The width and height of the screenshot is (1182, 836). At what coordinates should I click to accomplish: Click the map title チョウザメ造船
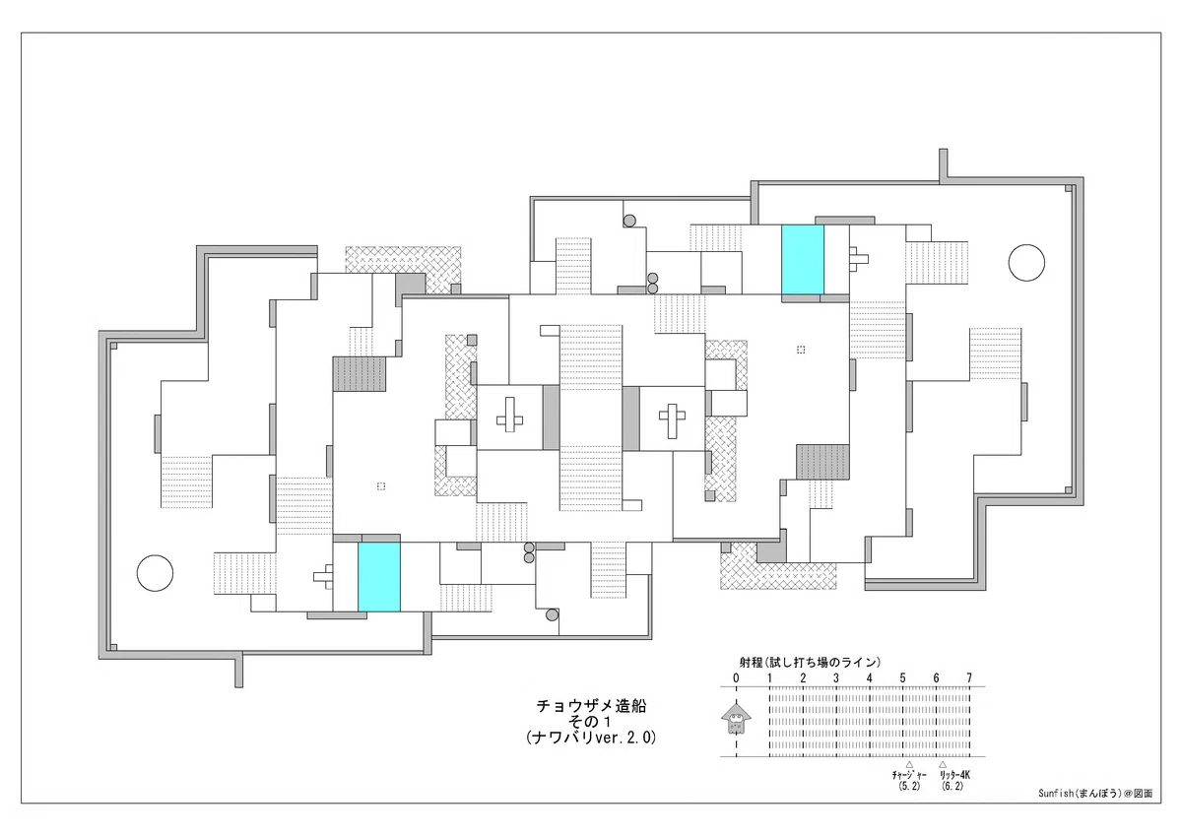[x=591, y=706]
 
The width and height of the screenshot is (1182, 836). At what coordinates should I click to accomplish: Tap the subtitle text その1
[x=591, y=721]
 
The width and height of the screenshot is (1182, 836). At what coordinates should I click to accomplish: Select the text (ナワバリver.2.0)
[x=591, y=737]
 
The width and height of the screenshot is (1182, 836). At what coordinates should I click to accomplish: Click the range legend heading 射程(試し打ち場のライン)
[x=810, y=663]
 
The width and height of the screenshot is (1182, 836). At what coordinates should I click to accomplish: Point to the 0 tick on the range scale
[x=736, y=678]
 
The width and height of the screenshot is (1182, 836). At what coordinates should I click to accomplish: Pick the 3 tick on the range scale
[x=836, y=678]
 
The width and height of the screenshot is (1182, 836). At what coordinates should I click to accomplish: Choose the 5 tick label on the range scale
[x=903, y=678]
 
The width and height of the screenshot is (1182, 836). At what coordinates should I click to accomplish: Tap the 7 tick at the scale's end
[x=969, y=678]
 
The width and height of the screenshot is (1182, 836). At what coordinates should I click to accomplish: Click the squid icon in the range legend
[x=736, y=719]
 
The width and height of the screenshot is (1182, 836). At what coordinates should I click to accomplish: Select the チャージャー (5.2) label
[x=909, y=781]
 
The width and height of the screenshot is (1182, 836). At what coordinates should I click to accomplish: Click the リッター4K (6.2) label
[x=954, y=781]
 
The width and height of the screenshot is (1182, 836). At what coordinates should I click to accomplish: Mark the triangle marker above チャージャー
[x=909, y=764]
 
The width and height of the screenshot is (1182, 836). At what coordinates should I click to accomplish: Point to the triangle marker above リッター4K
[x=943, y=764]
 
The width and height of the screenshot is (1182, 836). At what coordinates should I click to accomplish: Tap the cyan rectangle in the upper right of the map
[x=803, y=260]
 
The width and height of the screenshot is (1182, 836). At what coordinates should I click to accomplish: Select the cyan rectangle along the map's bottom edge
[x=379, y=577]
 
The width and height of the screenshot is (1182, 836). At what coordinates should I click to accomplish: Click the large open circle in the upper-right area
[x=1026, y=263]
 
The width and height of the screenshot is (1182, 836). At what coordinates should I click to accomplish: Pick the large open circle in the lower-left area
[x=156, y=573]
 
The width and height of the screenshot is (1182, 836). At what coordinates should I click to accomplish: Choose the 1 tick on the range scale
[x=769, y=678]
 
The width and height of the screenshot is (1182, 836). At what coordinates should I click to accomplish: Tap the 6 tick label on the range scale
[x=936, y=678]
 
